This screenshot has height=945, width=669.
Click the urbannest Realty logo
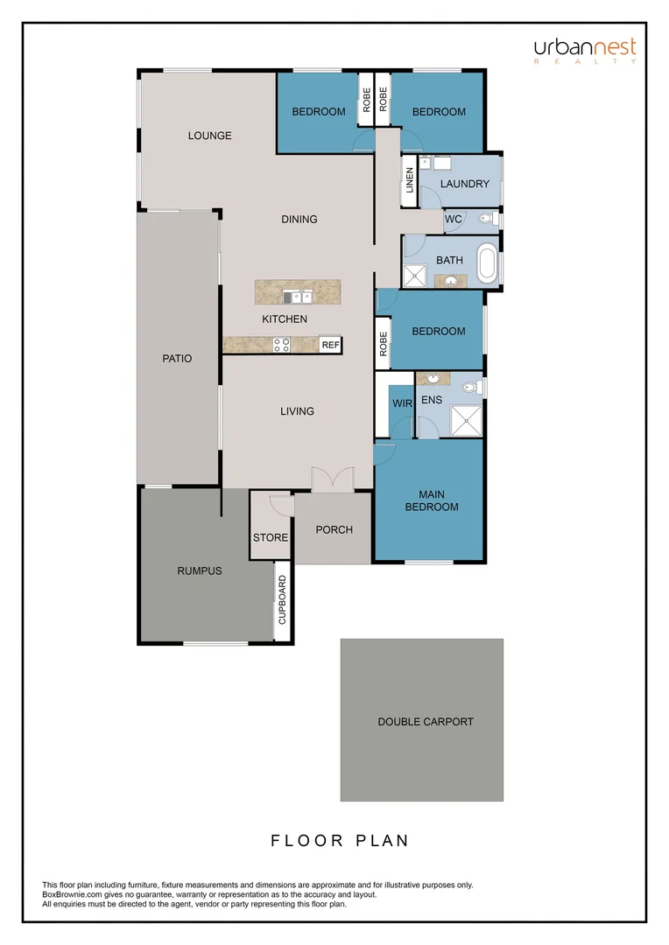pyautogui.click(x=585, y=52)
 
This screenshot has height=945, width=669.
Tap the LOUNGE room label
pyautogui.click(x=209, y=136)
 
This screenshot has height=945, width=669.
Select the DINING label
pyautogui.click(x=299, y=219)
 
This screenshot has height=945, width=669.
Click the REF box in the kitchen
pyautogui.click(x=330, y=346)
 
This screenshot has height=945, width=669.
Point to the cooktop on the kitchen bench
pyautogui.click(x=282, y=345)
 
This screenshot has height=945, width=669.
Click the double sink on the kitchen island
pyautogui.click(x=296, y=296)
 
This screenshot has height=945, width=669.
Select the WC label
pyautogui.click(x=453, y=219)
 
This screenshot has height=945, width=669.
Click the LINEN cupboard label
pyautogui.click(x=409, y=181)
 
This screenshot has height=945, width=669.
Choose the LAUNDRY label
pyautogui.click(x=464, y=184)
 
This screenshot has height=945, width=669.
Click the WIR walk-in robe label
pyautogui.click(x=402, y=402)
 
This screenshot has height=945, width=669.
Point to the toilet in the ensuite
pyautogui.click(x=470, y=387)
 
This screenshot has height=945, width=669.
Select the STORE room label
pyautogui.click(x=271, y=537)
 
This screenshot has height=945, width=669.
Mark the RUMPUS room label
pyautogui.click(x=200, y=570)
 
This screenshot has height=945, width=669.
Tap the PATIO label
pyautogui.click(x=177, y=359)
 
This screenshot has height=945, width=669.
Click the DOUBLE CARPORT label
pyautogui.click(x=426, y=722)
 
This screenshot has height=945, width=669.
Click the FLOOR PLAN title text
pyautogui.click(x=340, y=841)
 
